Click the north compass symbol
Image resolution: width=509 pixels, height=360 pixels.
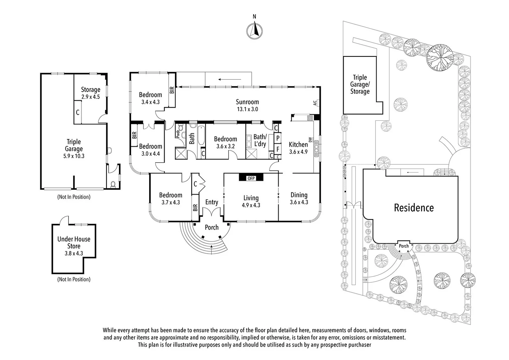[x=254, y=30]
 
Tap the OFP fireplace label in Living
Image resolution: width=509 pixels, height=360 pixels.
[x=251, y=178]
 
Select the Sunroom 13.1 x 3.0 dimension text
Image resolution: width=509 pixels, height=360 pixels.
[x=248, y=109]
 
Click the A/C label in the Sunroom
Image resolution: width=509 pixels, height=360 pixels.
[x=315, y=103]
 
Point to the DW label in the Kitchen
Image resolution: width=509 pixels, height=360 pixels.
[x=310, y=140]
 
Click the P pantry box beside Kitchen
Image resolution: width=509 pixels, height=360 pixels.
[x=278, y=138]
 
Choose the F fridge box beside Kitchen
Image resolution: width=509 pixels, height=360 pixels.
[x=278, y=149]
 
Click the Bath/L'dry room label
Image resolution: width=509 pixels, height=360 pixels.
[x=260, y=140]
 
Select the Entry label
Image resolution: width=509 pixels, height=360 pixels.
[x=212, y=202]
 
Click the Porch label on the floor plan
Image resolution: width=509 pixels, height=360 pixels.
[x=212, y=227]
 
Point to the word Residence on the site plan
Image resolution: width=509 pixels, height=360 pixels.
[x=414, y=208]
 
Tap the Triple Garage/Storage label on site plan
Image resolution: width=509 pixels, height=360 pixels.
[x=360, y=84]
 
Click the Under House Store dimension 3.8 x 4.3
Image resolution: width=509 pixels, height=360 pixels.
[x=74, y=253]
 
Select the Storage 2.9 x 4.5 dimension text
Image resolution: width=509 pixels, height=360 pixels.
[x=91, y=97]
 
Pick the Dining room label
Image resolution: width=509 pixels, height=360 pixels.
[x=299, y=195]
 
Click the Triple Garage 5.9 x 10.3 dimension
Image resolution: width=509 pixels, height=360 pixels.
[x=74, y=156]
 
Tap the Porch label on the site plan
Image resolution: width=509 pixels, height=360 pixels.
[x=404, y=246]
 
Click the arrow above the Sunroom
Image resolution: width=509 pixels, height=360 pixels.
[x=230, y=79]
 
